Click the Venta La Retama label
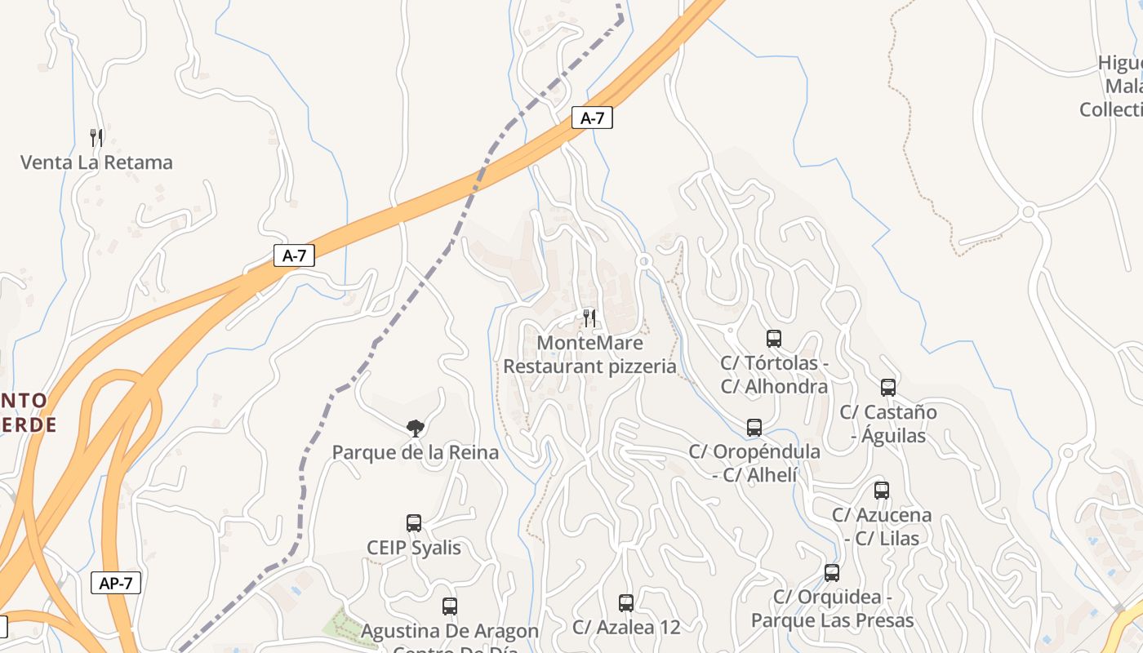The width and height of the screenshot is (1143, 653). click(x=96, y=162)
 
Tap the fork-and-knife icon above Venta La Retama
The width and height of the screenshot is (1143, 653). click(x=96, y=136)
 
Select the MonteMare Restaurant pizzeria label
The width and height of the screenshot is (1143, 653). click(x=589, y=355)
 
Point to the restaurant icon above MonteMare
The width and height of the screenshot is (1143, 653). click(x=589, y=318)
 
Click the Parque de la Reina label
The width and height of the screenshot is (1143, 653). click(x=415, y=452)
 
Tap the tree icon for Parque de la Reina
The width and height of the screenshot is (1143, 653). click(x=416, y=428)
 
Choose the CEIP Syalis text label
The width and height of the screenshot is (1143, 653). click(x=414, y=548)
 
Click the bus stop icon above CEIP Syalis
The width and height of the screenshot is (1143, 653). click(x=414, y=523)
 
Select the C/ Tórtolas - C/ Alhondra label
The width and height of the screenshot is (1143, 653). click(x=774, y=375)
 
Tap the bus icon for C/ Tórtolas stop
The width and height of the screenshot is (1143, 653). click(x=774, y=338)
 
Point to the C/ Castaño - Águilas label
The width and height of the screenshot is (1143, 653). click(x=888, y=424)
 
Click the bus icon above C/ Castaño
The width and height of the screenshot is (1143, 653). click(x=888, y=388)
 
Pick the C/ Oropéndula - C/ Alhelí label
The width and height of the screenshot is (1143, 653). click(x=754, y=463)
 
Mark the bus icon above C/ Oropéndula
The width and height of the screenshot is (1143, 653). click(x=754, y=427)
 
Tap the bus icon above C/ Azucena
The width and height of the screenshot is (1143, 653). click(x=882, y=491)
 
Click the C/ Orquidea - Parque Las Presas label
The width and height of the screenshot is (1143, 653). click(x=832, y=609)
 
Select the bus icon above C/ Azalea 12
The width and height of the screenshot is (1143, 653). click(x=626, y=603)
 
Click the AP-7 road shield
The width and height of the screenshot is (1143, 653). click(x=116, y=583)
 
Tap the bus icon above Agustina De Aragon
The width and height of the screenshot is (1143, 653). click(x=450, y=606)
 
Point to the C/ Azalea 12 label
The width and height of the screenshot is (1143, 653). click(x=626, y=627)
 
